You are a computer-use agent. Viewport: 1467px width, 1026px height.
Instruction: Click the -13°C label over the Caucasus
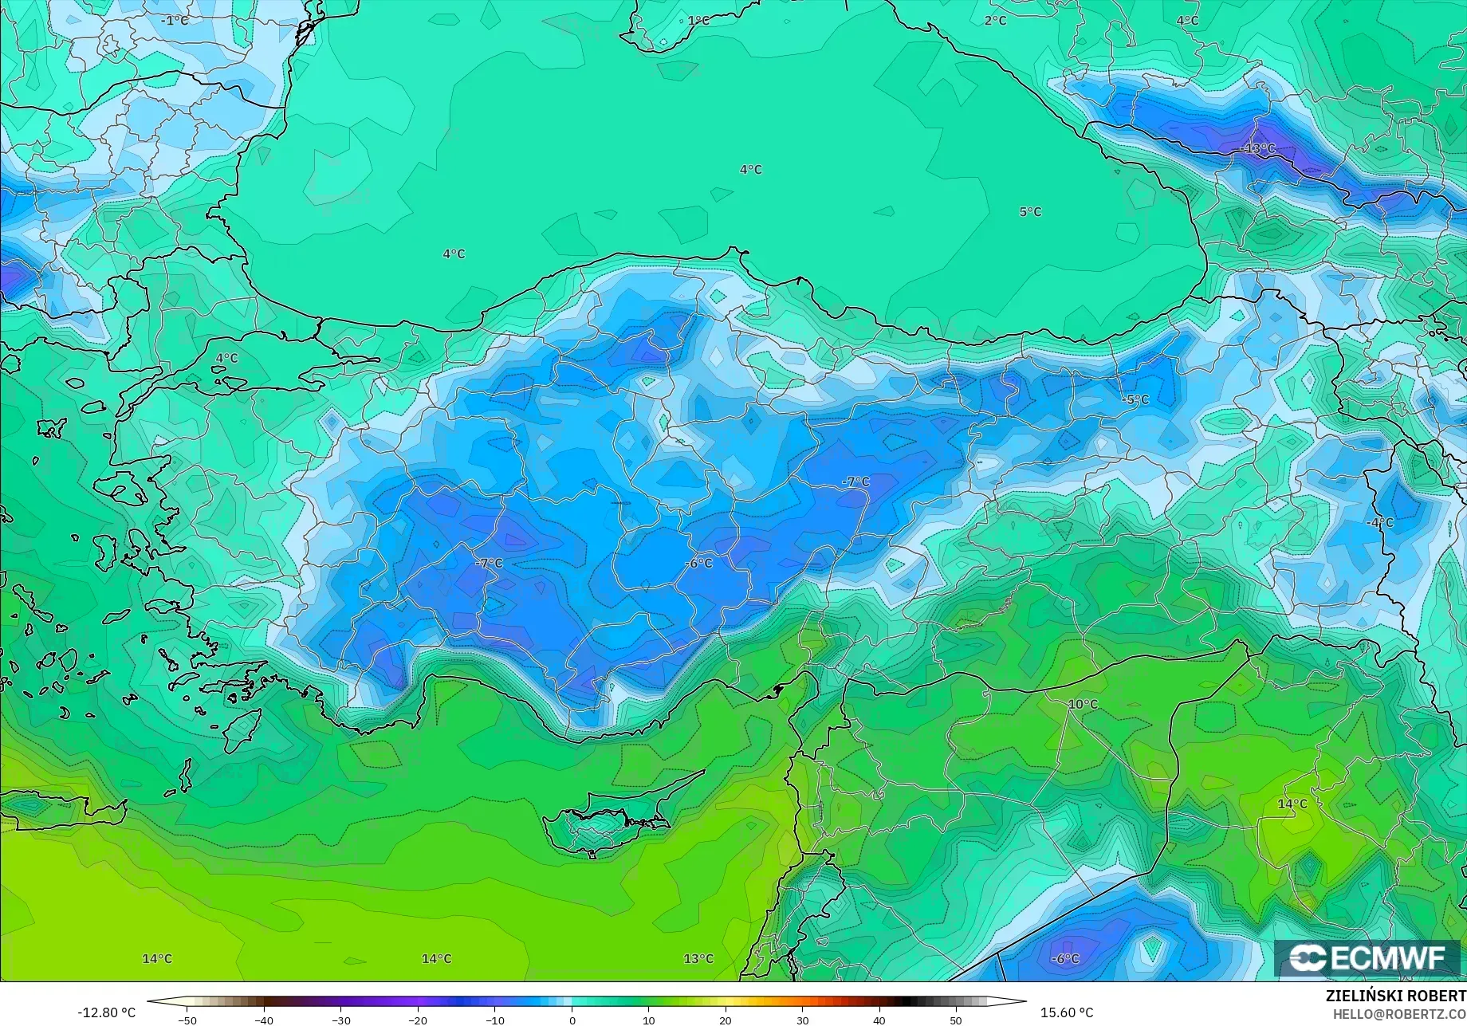pos(1258,148)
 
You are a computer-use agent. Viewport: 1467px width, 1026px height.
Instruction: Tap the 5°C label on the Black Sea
pos(1030,212)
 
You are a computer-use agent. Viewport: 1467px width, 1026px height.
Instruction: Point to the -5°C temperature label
pos(1135,399)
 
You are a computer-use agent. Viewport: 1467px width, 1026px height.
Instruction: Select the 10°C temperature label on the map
pos(1083,705)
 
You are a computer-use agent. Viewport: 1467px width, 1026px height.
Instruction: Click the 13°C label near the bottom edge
pos(698,958)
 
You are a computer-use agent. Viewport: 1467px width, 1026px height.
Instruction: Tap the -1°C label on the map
pos(175,20)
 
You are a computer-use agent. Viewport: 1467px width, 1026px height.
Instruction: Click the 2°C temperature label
pos(995,21)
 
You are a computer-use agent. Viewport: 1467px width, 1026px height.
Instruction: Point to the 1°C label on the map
pos(698,21)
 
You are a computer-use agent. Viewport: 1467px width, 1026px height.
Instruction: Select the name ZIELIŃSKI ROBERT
pos(1395,996)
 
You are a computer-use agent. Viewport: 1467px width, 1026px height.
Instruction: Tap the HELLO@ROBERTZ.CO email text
pos(1399,1013)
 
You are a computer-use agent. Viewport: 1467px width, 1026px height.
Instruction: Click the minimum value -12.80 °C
pos(106,1012)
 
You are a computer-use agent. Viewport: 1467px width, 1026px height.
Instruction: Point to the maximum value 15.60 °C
pos(1067,1012)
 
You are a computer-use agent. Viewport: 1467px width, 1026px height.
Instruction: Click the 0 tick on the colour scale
pos(572,1020)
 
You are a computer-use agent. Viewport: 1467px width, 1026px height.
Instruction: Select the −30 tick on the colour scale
pos(340,1020)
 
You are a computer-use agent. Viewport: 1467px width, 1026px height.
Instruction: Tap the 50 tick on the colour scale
pos(955,1020)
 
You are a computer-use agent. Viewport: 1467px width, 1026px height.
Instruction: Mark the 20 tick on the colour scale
pos(726,1020)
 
